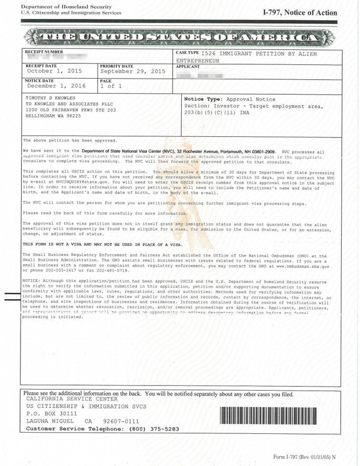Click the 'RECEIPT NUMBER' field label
pos(44,52)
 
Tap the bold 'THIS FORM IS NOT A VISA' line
pos(102,244)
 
